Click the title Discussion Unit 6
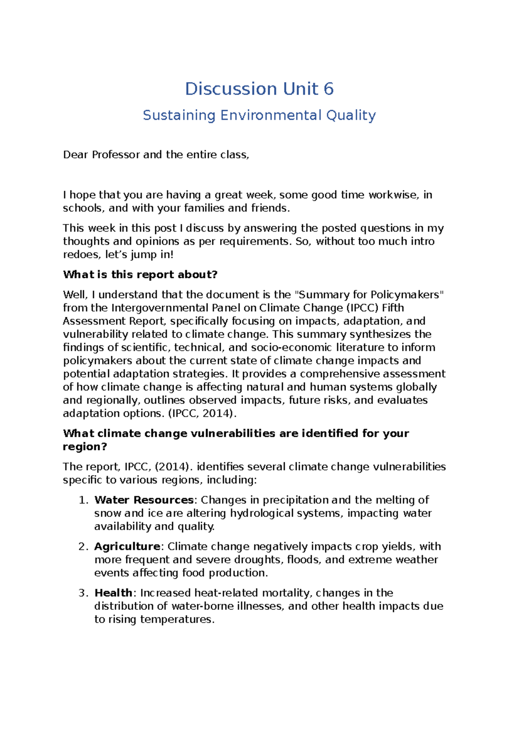coord(259,89)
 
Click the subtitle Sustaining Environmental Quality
coord(259,116)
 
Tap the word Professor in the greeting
coord(116,155)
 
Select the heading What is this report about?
coord(140,274)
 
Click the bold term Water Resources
coord(144,500)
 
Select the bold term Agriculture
coord(127,546)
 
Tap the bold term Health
coord(113,592)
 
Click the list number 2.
coord(83,546)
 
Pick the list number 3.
coord(83,592)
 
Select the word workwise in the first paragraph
coord(393,195)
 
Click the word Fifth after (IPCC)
coord(393,308)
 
